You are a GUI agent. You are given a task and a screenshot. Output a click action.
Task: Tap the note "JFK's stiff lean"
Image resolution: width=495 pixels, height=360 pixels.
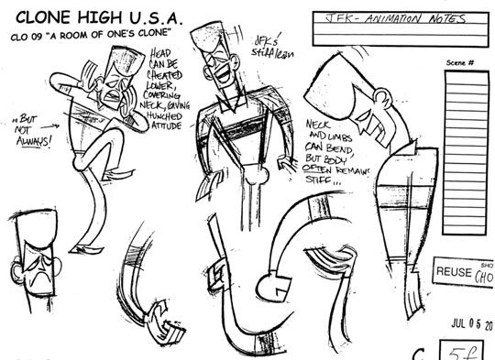click(269, 47)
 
